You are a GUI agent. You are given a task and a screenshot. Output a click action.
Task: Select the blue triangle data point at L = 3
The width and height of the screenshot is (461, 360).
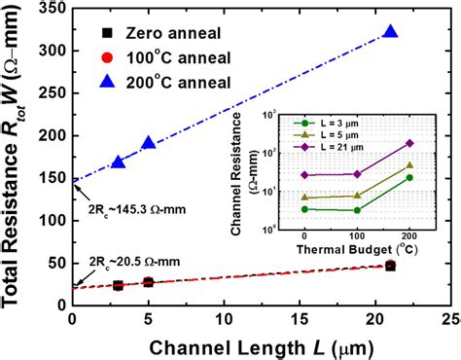click(118, 162)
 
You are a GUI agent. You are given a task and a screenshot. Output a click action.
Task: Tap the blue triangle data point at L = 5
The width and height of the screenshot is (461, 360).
click(148, 143)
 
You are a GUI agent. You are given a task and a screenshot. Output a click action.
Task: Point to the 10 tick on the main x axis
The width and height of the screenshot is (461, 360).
click(224, 319)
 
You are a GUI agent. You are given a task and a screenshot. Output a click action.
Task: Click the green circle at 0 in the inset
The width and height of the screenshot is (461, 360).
click(305, 208)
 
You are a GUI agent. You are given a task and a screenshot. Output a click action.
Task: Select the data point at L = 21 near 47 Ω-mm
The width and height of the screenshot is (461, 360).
click(391, 265)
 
